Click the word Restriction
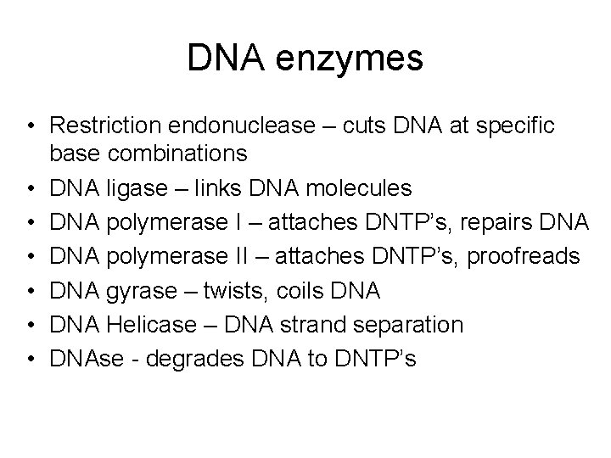(x=99, y=126)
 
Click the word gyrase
(x=133, y=292)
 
